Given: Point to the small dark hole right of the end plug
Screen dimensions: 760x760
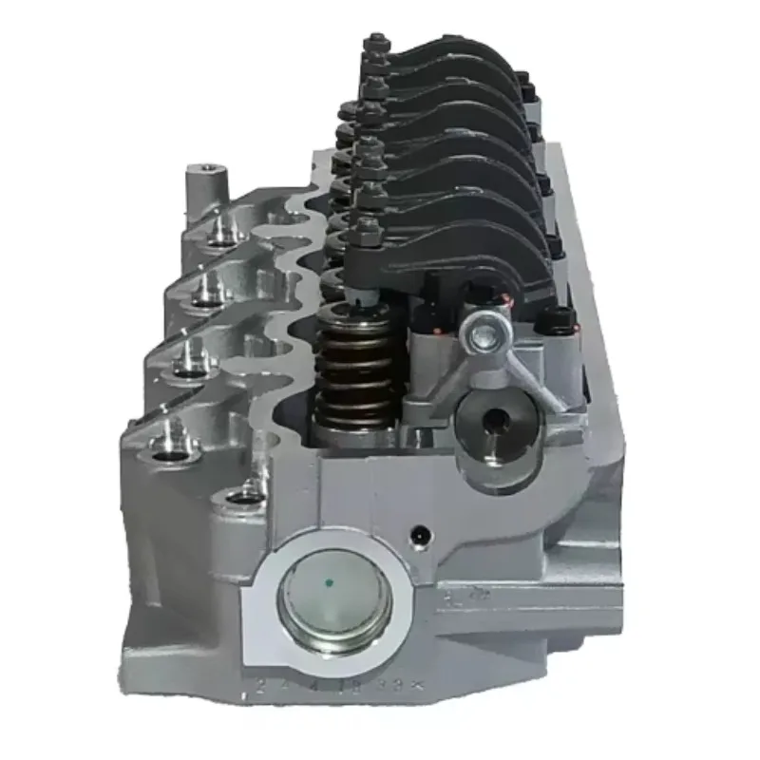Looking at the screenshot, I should pos(415,539).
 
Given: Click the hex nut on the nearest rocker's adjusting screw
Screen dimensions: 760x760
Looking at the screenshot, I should pos(366,228).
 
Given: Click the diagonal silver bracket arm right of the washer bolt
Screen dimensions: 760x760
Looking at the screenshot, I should pos(533,365).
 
